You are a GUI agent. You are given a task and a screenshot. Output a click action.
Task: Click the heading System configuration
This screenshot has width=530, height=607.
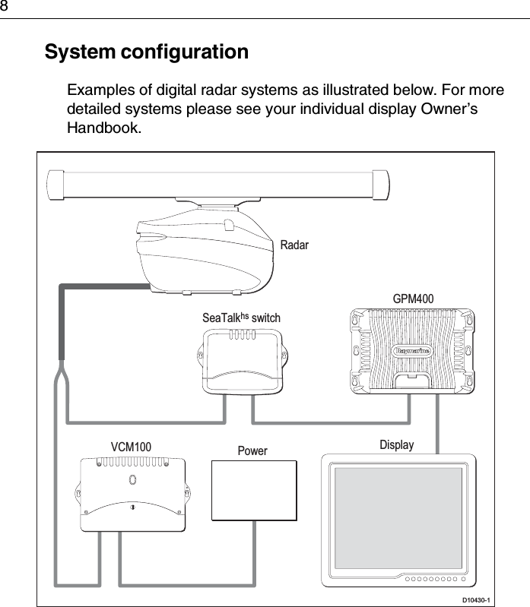[147, 53]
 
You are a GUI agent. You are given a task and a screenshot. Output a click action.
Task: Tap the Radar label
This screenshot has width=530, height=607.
[294, 245]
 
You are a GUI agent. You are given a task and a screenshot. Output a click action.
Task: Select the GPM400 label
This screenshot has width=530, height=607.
[413, 299]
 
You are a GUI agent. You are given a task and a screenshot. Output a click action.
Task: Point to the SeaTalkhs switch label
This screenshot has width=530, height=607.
[241, 318]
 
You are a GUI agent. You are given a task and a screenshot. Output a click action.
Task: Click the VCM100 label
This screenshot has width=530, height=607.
[131, 446]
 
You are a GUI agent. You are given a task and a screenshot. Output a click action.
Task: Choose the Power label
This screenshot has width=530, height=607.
[252, 451]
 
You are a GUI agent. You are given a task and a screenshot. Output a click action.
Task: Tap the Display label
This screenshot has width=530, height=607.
[397, 444]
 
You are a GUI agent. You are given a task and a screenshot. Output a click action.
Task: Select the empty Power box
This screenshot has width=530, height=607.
[253, 490]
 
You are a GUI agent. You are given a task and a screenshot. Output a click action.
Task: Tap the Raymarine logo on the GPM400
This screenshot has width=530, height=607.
[412, 351]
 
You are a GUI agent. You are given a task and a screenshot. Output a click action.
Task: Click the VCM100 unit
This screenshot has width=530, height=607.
[133, 494]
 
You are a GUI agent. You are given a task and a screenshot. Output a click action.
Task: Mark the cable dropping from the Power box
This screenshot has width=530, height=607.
[253, 555]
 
